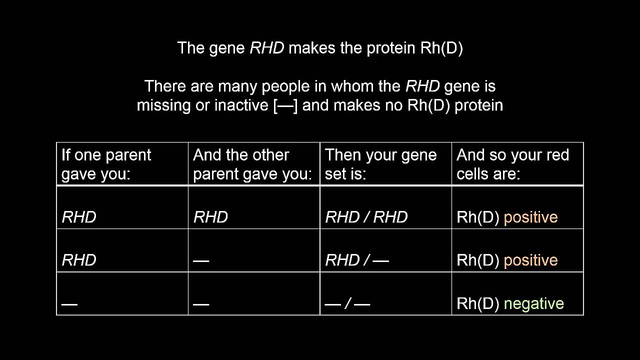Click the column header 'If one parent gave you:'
106,164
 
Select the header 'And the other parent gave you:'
252,164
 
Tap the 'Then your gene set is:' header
380,164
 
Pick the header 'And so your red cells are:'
513,164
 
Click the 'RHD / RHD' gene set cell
366,217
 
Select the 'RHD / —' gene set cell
357,260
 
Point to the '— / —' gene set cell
347,303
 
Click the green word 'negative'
533,303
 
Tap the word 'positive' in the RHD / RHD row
530,217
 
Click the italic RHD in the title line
267,47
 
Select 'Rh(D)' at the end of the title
441,48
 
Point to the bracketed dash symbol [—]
285,105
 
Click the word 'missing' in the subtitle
163,105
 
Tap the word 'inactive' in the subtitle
241,105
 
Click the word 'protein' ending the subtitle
478,105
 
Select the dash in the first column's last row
69,304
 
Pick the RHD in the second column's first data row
210,217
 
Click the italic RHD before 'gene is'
422,86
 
